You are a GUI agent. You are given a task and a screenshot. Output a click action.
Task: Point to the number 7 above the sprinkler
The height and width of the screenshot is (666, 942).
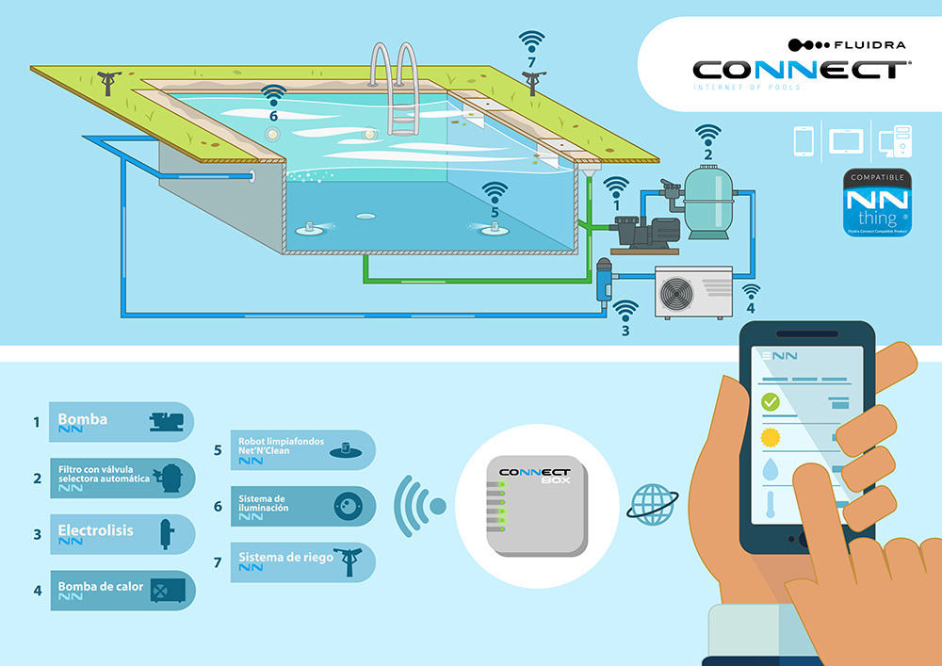pos(531,63)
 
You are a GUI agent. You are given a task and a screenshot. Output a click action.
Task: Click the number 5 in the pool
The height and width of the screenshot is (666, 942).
pos(494,213)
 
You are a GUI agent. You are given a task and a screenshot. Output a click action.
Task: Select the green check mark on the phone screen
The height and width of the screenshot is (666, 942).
pos(771,403)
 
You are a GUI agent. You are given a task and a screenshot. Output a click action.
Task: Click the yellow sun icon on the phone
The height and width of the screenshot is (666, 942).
pos(771,437)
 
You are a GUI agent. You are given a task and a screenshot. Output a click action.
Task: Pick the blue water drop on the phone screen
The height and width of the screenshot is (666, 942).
pos(771,470)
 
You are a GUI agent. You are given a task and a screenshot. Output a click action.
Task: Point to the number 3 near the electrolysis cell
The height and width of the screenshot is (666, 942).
pos(625,331)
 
